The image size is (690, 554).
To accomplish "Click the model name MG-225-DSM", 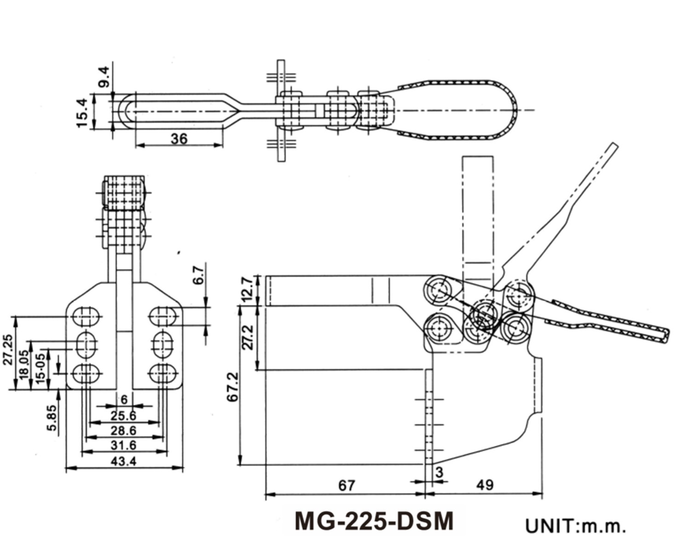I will pyautogui.click(x=374, y=521).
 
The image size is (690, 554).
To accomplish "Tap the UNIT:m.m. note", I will pyautogui.click(x=575, y=526).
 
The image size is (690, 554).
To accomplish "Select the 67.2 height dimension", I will pyautogui.click(x=233, y=386).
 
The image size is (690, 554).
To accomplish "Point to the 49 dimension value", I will pyautogui.click(x=485, y=484).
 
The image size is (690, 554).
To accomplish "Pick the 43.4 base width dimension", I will pyautogui.click(x=124, y=461).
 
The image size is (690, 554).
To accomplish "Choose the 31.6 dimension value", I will pyautogui.click(x=124, y=445).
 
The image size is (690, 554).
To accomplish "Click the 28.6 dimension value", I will pyautogui.click(x=124, y=430).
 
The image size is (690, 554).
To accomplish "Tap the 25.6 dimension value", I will pyautogui.click(x=124, y=416).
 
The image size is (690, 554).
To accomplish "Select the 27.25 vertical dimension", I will pyautogui.click(x=8, y=350).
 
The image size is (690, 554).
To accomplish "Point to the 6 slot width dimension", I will pyautogui.click(x=124, y=400).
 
